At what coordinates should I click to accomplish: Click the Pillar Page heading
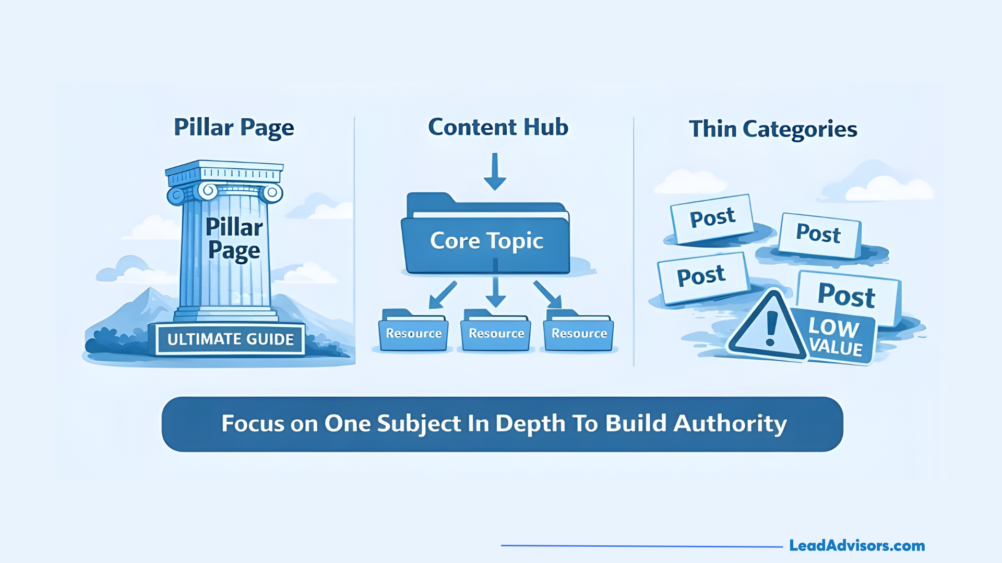point(234,128)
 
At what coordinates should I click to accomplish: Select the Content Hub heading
point(498,127)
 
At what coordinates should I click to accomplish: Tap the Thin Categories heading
point(772,129)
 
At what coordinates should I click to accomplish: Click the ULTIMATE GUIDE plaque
point(230,339)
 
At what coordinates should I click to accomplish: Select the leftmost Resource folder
point(413,333)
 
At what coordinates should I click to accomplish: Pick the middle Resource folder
point(496,333)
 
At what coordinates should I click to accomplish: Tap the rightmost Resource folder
point(579,333)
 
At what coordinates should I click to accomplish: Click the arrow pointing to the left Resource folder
point(443,295)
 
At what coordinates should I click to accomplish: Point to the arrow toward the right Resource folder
point(547,295)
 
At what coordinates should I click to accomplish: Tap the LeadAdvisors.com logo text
point(856,546)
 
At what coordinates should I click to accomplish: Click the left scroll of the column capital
point(176,195)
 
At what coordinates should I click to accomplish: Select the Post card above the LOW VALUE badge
point(846,295)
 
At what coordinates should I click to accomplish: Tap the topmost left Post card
point(712,218)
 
